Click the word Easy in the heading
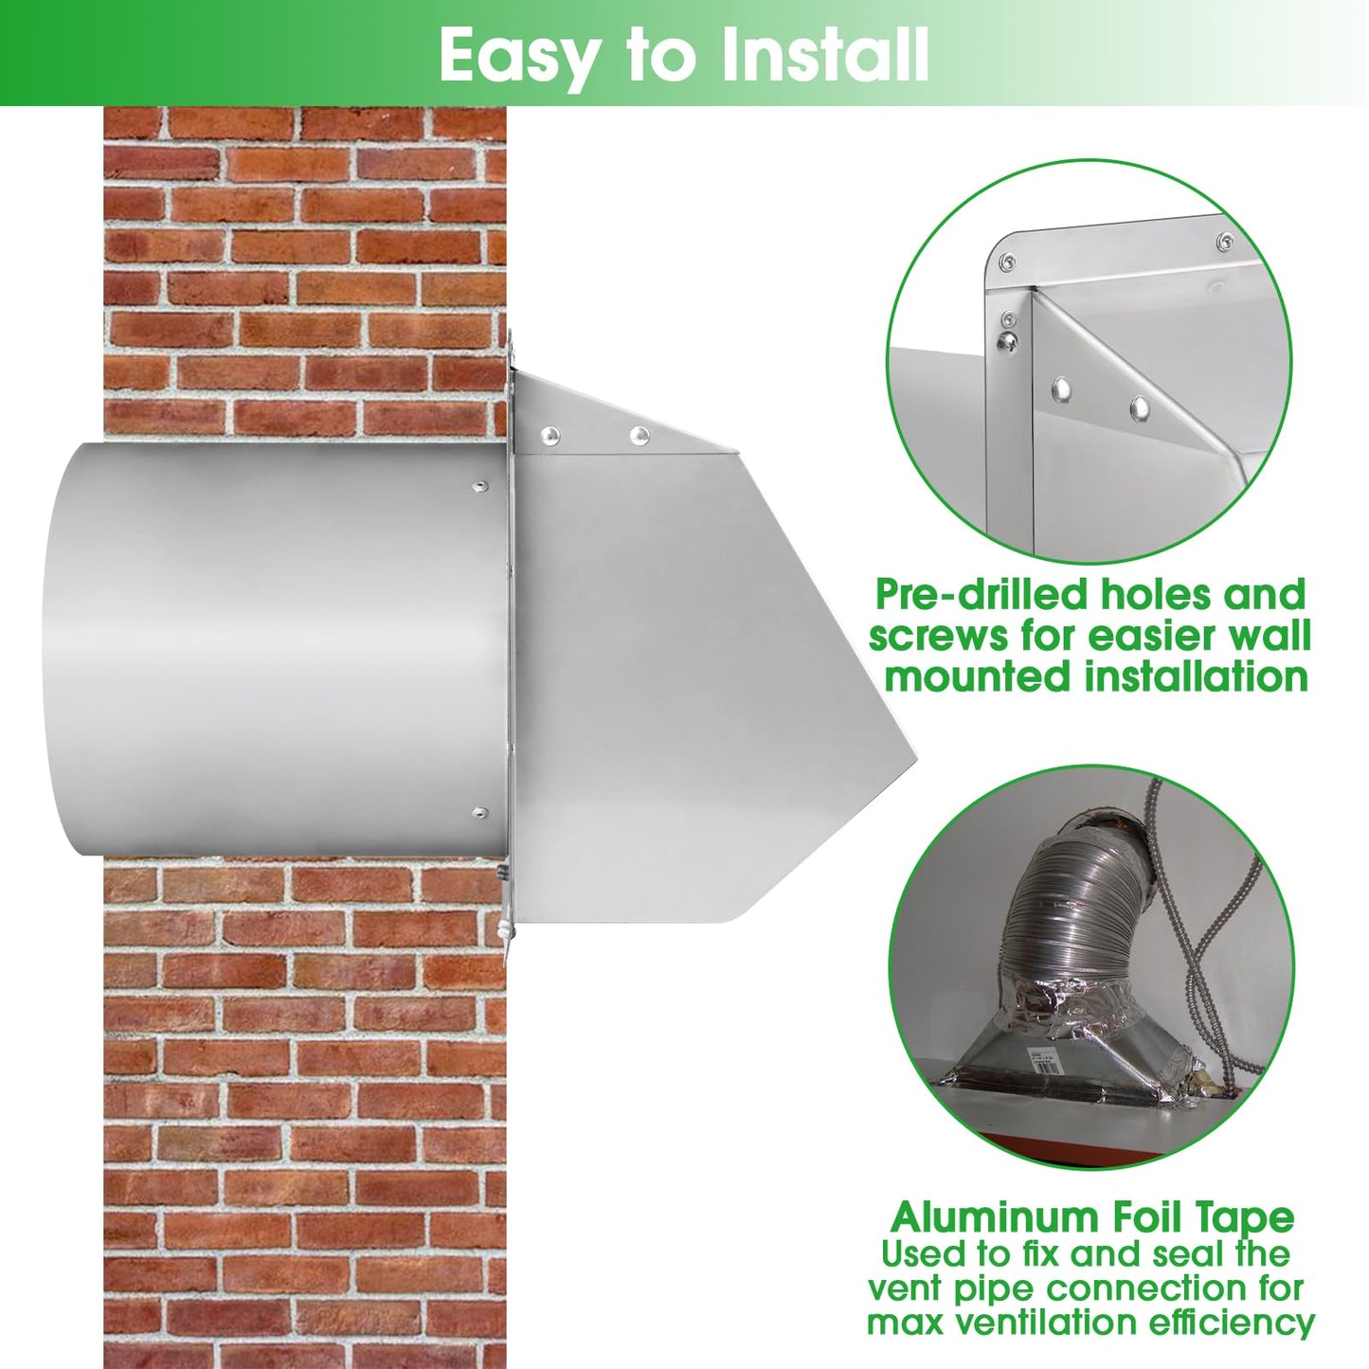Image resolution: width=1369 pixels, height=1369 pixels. (x=518, y=55)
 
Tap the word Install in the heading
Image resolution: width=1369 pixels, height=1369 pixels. (x=823, y=55)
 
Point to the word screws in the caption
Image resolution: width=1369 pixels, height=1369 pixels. (x=938, y=636)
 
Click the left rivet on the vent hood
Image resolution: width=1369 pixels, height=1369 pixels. (x=549, y=436)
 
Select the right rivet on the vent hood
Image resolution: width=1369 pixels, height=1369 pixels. (x=640, y=436)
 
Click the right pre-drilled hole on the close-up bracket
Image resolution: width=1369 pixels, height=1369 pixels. (x=1140, y=408)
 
